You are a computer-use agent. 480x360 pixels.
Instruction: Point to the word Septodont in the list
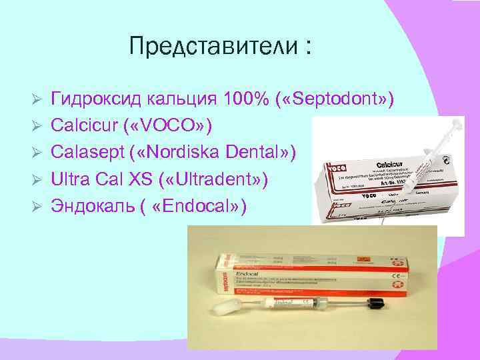[x=333, y=99]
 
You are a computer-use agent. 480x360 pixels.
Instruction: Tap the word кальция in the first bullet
[x=177, y=99]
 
